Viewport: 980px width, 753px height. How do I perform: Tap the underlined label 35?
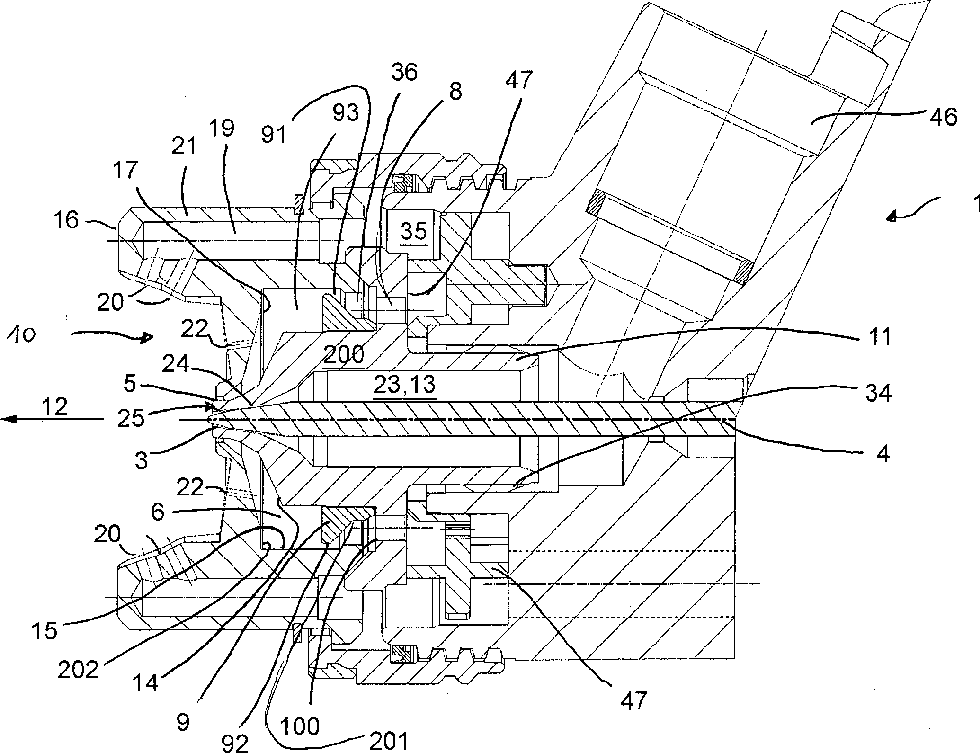(413, 232)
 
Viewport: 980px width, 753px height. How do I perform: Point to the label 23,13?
(404, 385)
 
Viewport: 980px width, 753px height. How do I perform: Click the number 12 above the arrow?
(54, 406)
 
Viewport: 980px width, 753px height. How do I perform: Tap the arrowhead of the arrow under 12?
(6, 419)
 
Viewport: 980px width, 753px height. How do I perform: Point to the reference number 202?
(78, 670)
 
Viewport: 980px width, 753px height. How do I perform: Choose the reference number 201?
(388, 742)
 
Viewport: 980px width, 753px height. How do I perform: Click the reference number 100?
(300, 727)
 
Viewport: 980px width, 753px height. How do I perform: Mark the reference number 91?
(274, 132)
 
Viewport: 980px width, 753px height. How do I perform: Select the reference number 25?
(131, 419)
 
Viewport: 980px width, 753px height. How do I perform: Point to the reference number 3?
(141, 460)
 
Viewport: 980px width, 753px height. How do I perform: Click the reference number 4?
(882, 453)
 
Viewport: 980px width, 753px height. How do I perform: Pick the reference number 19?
(223, 129)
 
